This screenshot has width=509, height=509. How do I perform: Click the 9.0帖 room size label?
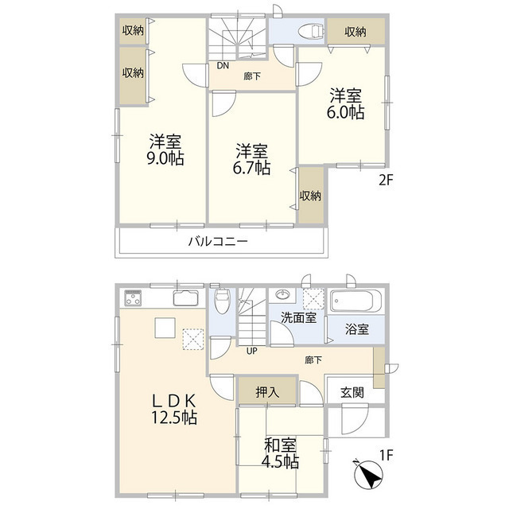click(x=165, y=158)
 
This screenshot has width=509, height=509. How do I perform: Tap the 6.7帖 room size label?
click(x=251, y=169)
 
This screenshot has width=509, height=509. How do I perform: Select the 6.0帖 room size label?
click(x=346, y=113)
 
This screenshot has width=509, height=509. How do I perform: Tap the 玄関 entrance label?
click(x=352, y=392)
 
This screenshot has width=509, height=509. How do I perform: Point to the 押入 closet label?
click(x=266, y=392)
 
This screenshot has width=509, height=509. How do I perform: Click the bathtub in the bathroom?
click(x=356, y=301)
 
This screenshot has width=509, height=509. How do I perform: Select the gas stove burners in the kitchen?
click(x=134, y=298)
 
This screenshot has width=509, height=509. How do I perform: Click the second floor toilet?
click(x=306, y=31)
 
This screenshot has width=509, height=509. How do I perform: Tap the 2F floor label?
click(x=385, y=181)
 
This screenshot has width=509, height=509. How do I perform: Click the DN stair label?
click(x=223, y=66)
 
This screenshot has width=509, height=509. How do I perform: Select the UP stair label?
click(x=252, y=351)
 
